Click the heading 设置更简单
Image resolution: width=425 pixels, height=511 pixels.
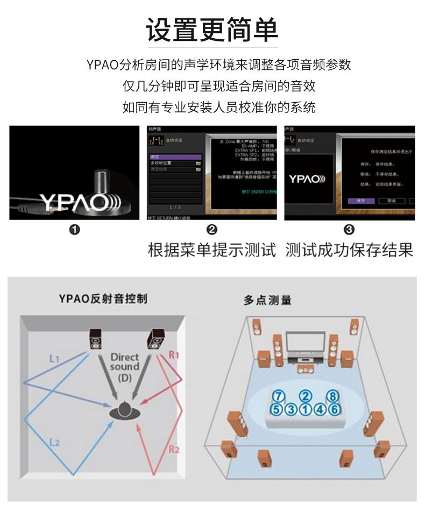212,30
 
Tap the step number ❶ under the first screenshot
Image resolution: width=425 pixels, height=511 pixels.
75,230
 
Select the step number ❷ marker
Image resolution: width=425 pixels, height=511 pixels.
212,230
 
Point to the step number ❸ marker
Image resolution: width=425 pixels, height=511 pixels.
349,230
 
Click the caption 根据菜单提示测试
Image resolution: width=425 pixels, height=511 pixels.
212,250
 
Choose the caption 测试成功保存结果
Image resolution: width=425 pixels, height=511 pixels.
349,250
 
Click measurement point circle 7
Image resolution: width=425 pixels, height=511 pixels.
278,396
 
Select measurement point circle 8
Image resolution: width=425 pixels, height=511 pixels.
334,396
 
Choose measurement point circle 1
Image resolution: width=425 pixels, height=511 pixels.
306,409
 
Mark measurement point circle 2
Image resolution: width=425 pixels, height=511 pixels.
306,396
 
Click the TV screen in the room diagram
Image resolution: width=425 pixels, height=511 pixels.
305,343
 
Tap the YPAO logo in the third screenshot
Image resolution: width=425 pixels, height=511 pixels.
307,179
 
